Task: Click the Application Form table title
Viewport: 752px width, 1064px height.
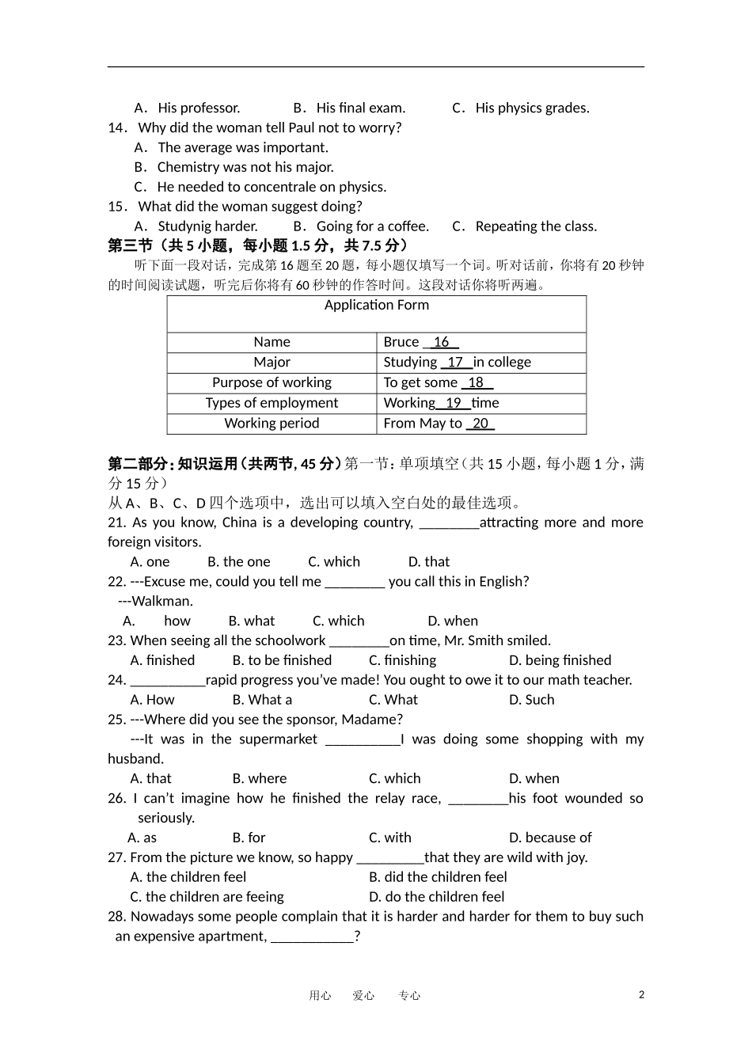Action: tap(377, 306)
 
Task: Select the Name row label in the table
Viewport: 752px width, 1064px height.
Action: tap(272, 342)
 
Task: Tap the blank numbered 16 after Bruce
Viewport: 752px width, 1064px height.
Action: tap(442, 342)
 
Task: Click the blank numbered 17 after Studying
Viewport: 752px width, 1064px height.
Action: tap(456, 363)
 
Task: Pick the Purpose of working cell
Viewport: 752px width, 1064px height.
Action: tap(272, 383)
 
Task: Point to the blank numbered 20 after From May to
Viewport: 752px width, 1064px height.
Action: tap(480, 424)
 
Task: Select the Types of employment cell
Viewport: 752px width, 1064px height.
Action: tap(272, 403)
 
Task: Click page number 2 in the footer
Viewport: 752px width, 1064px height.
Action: tap(641, 995)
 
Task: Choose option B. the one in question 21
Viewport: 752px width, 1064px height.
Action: tap(238, 562)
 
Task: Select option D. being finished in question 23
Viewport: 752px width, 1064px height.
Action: tap(560, 660)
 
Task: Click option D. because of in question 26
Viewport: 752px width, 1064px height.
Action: tap(550, 838)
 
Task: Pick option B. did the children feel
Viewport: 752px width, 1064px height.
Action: tap(438, 877)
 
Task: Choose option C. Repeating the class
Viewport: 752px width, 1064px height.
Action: tap(524, 226)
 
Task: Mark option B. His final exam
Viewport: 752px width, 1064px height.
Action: tap(349, 108)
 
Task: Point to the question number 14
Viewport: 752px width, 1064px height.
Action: tap(117, 128)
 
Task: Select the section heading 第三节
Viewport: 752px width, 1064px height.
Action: tap(131, 246)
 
